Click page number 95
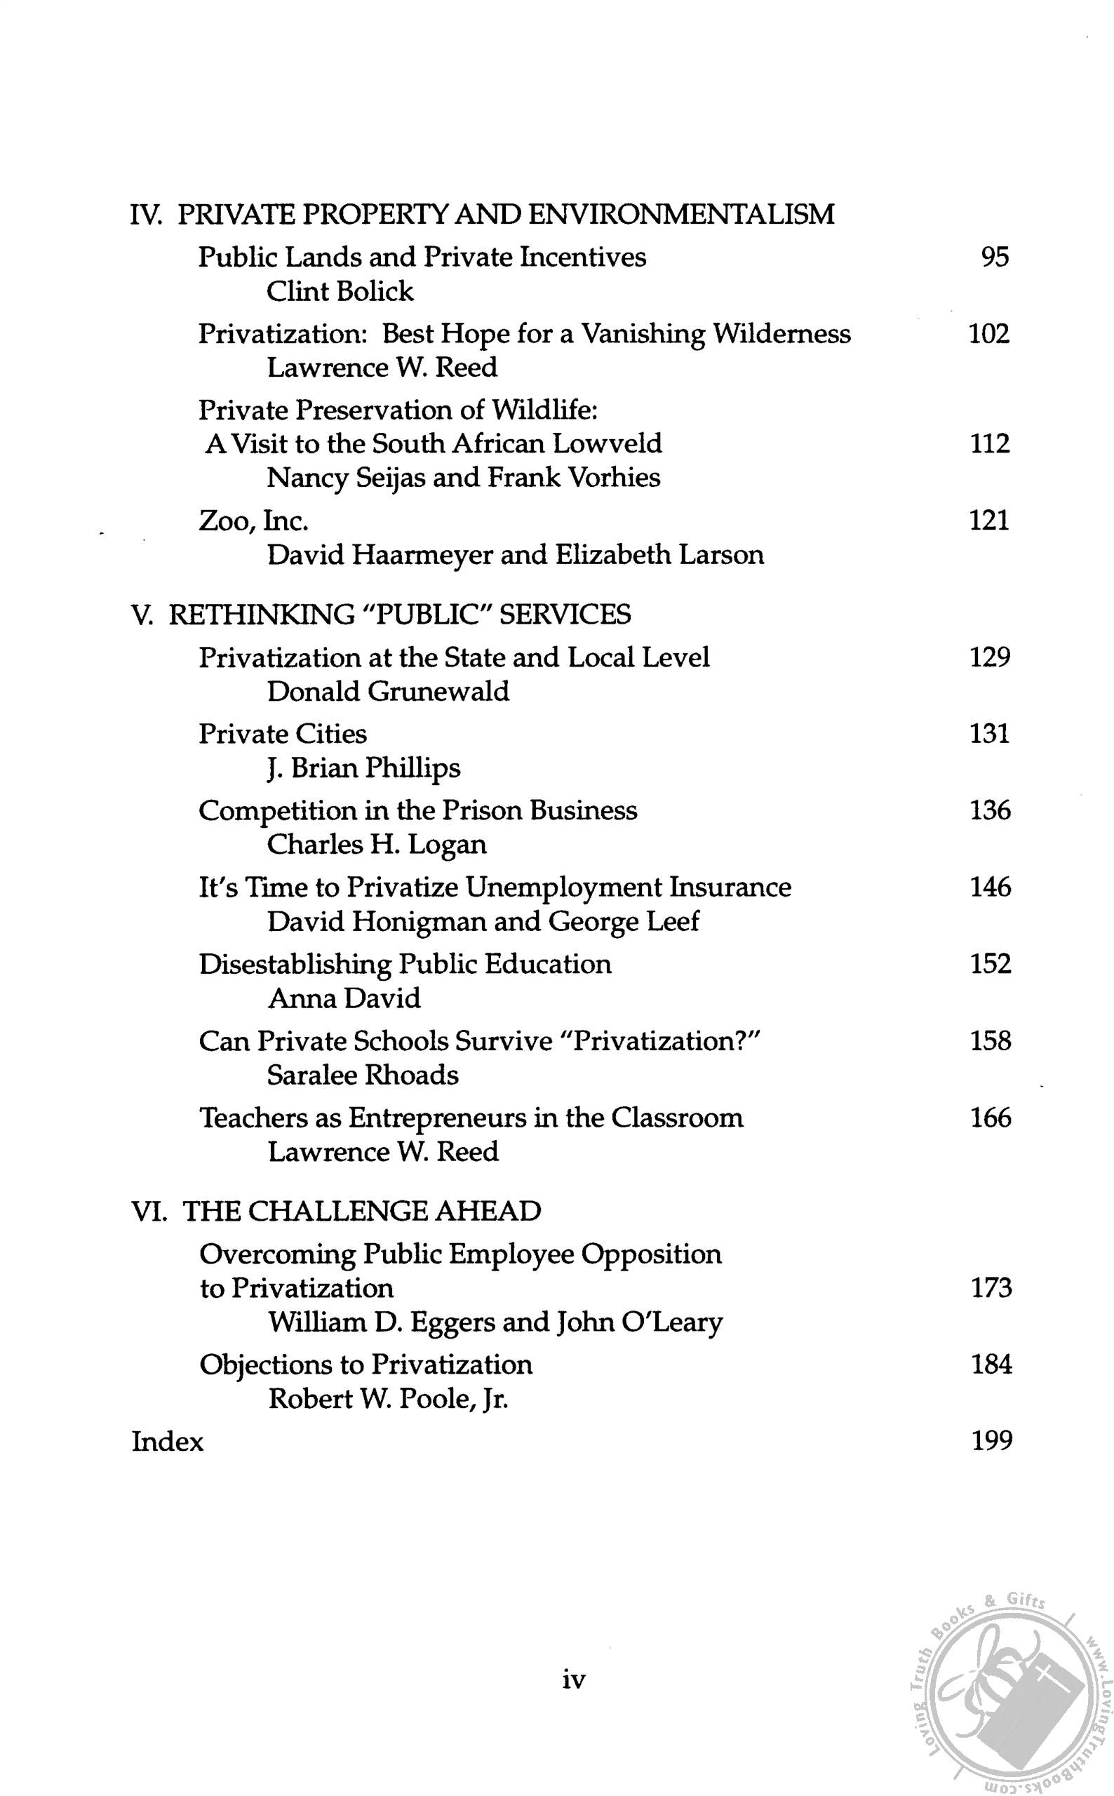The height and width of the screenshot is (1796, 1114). [994, 257]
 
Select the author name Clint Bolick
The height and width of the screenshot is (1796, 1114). [340, 292]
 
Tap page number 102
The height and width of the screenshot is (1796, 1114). [988, 334]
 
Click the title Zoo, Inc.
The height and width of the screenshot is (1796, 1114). [253, 521]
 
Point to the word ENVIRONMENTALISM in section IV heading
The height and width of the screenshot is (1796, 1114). [683, 215]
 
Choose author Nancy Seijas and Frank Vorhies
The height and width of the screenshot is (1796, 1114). [464, 478]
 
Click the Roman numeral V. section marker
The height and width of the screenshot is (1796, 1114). [141, 615]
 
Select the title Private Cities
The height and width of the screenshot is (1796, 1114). [283, 734]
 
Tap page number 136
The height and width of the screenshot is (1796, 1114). [990, 810]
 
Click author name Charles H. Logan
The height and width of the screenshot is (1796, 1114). [377, 845]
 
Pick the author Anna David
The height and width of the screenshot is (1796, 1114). [344, 999]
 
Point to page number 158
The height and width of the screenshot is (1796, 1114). [991, 1041]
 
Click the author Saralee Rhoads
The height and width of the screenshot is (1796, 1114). [363, 1075]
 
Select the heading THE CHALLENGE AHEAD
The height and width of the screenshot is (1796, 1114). [362, 1211]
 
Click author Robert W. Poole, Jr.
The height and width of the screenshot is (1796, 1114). [388, 1398]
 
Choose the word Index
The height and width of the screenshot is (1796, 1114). [167, 1441]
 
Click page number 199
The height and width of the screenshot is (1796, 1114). [991, 1440]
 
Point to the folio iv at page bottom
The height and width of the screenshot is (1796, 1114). [573, 1680]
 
